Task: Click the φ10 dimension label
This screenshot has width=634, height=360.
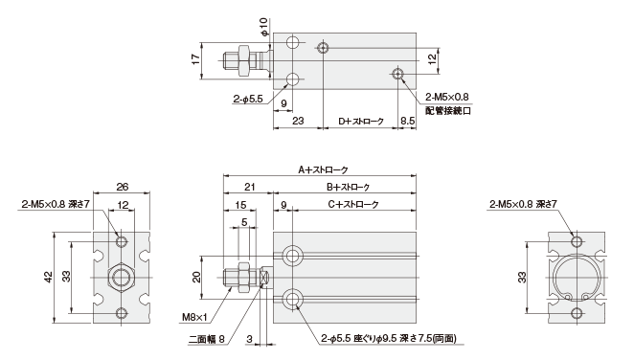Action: pos(263,21)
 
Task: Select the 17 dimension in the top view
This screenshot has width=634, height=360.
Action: pos(194,59)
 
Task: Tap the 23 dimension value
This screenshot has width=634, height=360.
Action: pos(298,122)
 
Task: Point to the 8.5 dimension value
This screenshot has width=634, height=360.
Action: pos(406,122)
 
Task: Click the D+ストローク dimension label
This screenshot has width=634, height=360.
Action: pos(361,122)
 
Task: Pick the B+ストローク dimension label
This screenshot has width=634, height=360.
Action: pos(349,187)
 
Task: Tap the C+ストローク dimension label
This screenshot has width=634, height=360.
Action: pos(354,204)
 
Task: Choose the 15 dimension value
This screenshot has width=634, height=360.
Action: pos(239,204)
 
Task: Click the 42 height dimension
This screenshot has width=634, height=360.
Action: pos(49,277)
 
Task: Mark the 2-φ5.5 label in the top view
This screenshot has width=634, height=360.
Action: pos(249,98)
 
